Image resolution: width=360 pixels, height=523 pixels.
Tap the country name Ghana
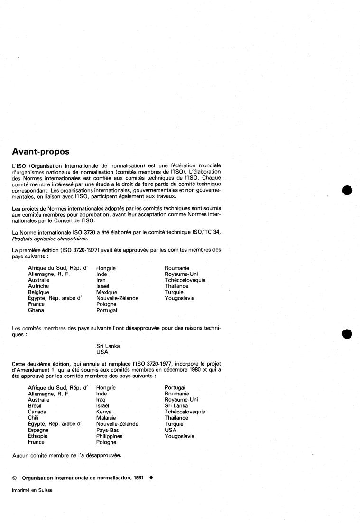[36, 310]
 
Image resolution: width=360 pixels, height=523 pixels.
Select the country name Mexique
[107, 292]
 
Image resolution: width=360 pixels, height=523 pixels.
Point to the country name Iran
[102, 280]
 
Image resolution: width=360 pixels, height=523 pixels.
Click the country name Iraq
[102, 400]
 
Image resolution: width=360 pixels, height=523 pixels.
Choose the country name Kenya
[104, 412]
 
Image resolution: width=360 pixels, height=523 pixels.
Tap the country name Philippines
[109, 436]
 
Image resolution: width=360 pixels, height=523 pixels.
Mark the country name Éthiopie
[38, 436]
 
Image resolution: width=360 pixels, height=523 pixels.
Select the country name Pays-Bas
[108, 430]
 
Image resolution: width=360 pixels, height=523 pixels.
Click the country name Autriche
[38, 286]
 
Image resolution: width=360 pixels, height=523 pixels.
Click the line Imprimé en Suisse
[32, 490]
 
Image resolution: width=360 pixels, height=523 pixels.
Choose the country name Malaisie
[107, 418]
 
